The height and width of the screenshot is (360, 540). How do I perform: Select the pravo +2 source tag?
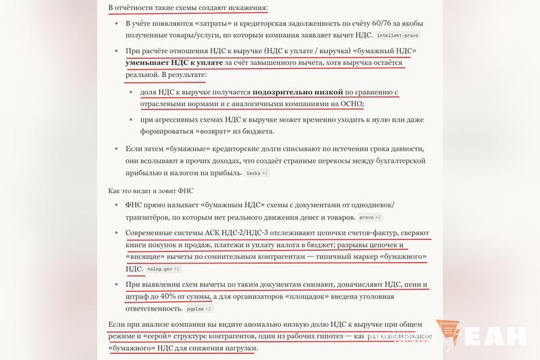pyautogui.click(x=370, y=217)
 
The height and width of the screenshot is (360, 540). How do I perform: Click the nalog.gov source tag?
pyautogui.click(x=163, y=269)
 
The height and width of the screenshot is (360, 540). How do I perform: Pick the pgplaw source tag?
pyautogui.click(x=199, y=309)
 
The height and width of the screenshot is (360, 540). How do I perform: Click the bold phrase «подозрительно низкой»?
pyautogui.click(x=298, y=92)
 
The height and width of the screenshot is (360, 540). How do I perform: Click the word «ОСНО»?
pyautogui.click(x=349, y=103)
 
